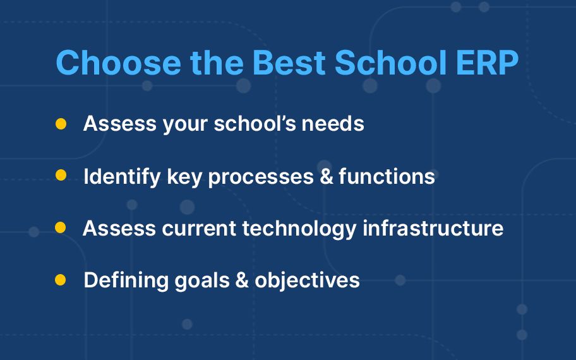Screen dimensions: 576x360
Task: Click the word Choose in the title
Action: tap(118, 62)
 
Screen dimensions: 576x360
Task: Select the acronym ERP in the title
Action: tap(487, 62)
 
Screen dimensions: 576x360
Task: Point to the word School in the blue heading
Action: tap(390, 62)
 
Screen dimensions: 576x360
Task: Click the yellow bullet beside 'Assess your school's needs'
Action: tap(61, 123)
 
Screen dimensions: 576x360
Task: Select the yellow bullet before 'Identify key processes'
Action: tap(61, 175)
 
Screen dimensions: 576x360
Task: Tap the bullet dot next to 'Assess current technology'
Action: tap(60, 227)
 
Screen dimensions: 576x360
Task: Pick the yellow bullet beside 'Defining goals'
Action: tap(60, 280)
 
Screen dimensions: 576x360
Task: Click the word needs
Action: tap(333, 123)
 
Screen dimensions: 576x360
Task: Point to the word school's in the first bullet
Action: tap(255, 123)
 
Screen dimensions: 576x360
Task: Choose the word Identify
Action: tap(123, 177)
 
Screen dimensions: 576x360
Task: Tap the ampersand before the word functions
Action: tap(326, 176)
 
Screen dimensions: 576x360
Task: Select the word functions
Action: tap(387, 176)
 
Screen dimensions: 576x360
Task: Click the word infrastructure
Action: tap(433, 228)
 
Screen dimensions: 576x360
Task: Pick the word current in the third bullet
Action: tap(199, 229)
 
